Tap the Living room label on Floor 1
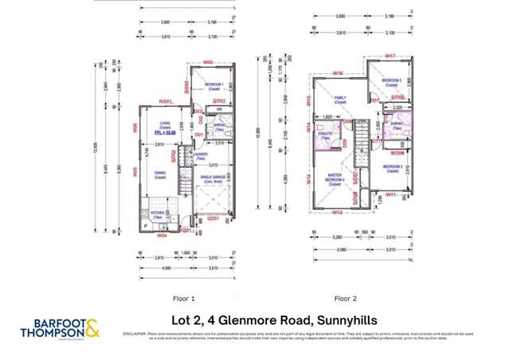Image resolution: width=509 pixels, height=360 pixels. click(168, 123)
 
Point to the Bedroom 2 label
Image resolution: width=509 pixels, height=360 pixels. click(391, 80)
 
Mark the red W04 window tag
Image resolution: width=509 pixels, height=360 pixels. click(161, 235)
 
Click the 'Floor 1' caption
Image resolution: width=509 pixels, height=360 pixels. click(184, 299)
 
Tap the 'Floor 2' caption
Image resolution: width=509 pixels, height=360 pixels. click(345, 299)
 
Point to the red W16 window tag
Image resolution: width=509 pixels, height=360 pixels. click(338, 72)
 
